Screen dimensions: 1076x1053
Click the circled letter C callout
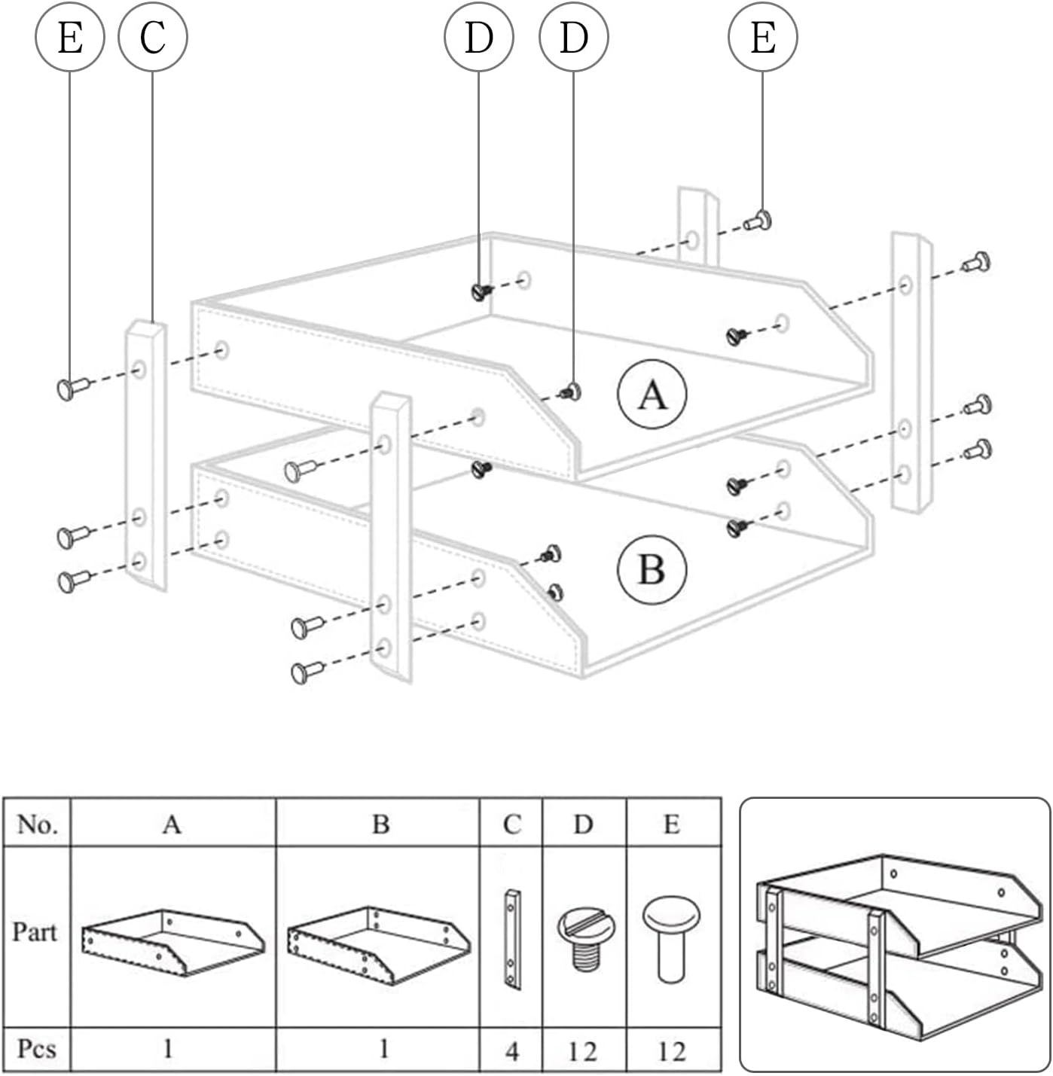point(153,37)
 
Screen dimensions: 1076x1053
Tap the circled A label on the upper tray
point(652,395)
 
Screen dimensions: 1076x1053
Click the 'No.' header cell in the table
point(37,824)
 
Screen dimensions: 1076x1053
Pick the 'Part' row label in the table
point(35,932)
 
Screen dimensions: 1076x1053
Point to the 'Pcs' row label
point(36,1048)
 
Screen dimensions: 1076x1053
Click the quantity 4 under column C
point(511,1050)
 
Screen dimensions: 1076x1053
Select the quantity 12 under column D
point(583,1050)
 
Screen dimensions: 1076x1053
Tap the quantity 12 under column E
point(671,1050)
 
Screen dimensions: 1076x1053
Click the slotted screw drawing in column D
point(585,937)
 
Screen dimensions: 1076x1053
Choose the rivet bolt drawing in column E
point(671,937)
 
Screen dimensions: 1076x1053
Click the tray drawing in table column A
point(172,943)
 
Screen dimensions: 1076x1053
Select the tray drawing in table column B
point(379,944)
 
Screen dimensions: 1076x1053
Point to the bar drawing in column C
point(512,939)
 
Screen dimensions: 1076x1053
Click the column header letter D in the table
point(583,825)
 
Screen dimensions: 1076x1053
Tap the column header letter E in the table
point(671,825)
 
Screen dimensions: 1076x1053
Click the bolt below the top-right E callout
point(758,221)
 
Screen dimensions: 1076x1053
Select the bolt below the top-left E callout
point(72,388)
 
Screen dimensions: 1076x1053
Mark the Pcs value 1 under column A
point(169,1048)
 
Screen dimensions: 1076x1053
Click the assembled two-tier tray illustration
point(895,936)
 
